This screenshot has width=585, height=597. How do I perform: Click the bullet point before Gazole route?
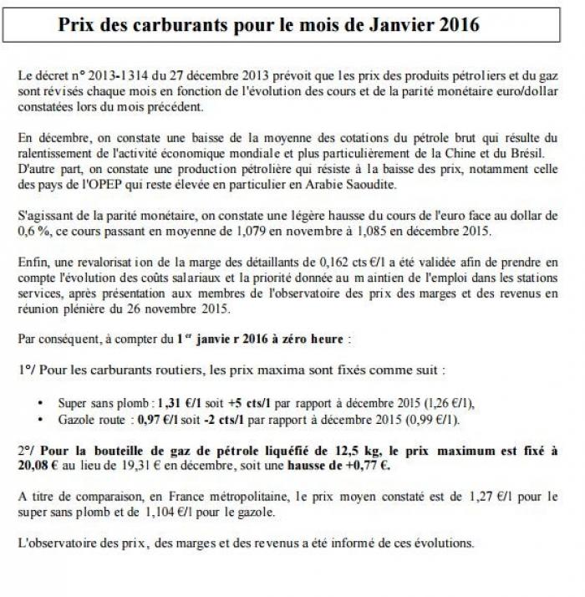pyautogui.click(x=41, y=418)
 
